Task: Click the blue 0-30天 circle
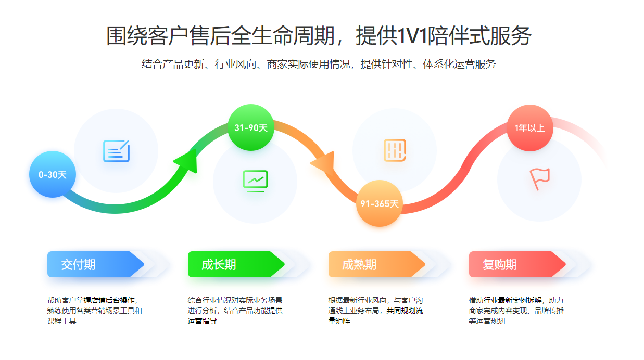tap(53, 174)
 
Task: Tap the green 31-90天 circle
tap(250, 127)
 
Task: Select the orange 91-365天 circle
tap(380, 203)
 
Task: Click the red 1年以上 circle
tap(529, 127)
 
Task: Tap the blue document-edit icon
tap(116, 151)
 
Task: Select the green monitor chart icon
tap(255, 181)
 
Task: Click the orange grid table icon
tap(395, 150)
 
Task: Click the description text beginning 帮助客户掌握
tap(94, 311)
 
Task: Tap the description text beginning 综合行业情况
tap(235, 311)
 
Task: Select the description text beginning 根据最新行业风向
tap(375, 311)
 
